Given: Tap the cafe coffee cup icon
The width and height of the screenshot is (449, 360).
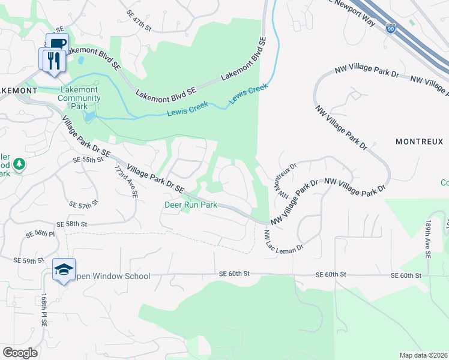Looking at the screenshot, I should (x=56, y=43).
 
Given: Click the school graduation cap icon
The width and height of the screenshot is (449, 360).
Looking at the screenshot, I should (x=63, y=269).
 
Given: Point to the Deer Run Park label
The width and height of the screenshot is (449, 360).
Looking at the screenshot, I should (x=191, y=204).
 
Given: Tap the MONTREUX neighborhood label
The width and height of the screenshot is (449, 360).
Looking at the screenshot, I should (x=419, y=142).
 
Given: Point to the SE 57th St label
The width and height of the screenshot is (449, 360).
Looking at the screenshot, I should (x=83, y=205).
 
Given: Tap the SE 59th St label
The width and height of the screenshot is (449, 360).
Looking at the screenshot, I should (x=30, y=261).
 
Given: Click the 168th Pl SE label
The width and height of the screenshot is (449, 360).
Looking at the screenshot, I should (x=44, y=310).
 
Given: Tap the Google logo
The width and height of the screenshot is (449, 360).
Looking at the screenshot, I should (x=20, y=353).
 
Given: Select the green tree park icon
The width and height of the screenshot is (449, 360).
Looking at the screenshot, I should (x=19, y=163).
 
